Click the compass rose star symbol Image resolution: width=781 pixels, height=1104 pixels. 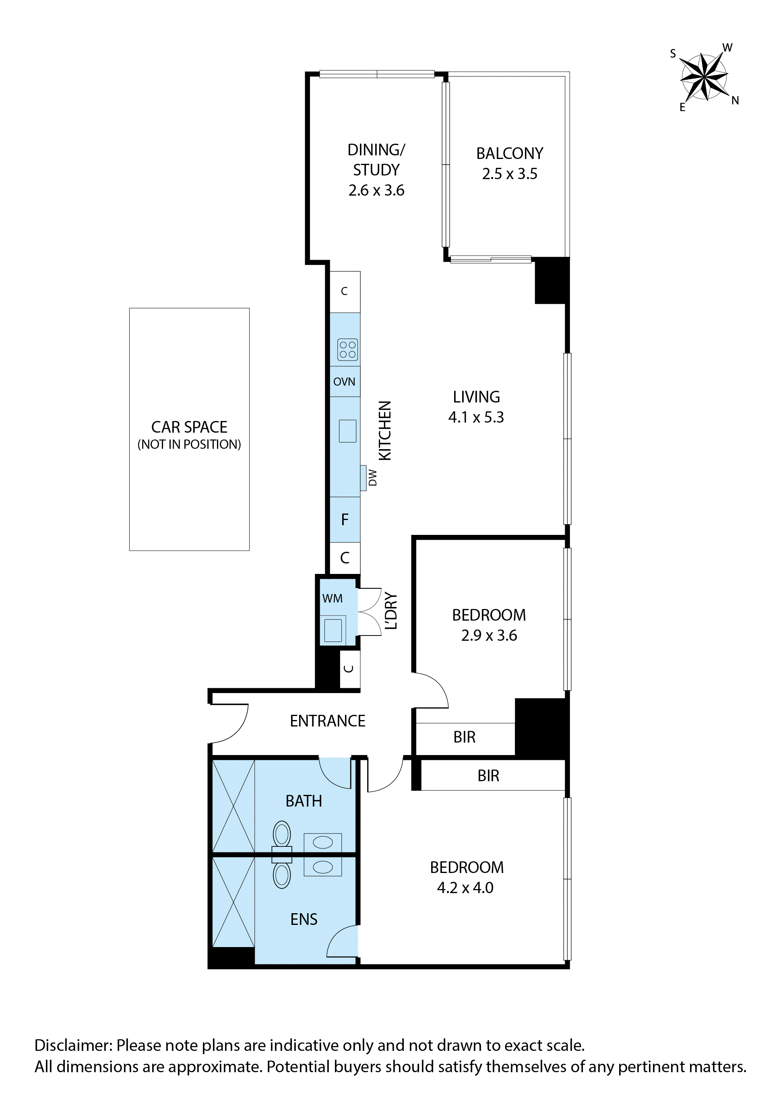pos(704,77)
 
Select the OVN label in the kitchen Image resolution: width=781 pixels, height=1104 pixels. pos(344,382)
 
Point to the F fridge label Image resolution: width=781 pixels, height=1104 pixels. pos(344,520)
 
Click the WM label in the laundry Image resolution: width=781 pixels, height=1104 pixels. pos(332,598)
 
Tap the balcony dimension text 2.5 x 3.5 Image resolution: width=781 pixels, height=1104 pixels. pos(509,174)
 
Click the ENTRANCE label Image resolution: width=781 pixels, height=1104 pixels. pos(328,721)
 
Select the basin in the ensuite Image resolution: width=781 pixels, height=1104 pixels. pos(323,867)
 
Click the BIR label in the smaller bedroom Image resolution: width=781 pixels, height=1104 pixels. pos(464,737)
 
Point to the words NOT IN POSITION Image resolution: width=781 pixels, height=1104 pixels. pos(189,445)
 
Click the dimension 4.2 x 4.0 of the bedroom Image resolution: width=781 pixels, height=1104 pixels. pos(465,887)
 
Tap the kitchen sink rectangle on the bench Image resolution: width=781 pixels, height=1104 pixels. pos(347,431)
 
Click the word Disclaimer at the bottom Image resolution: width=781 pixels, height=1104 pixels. pos(73,1045)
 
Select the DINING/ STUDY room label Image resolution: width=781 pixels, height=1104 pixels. pos(376,160)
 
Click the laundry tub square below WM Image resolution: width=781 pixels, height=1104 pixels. pos(333,630)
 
